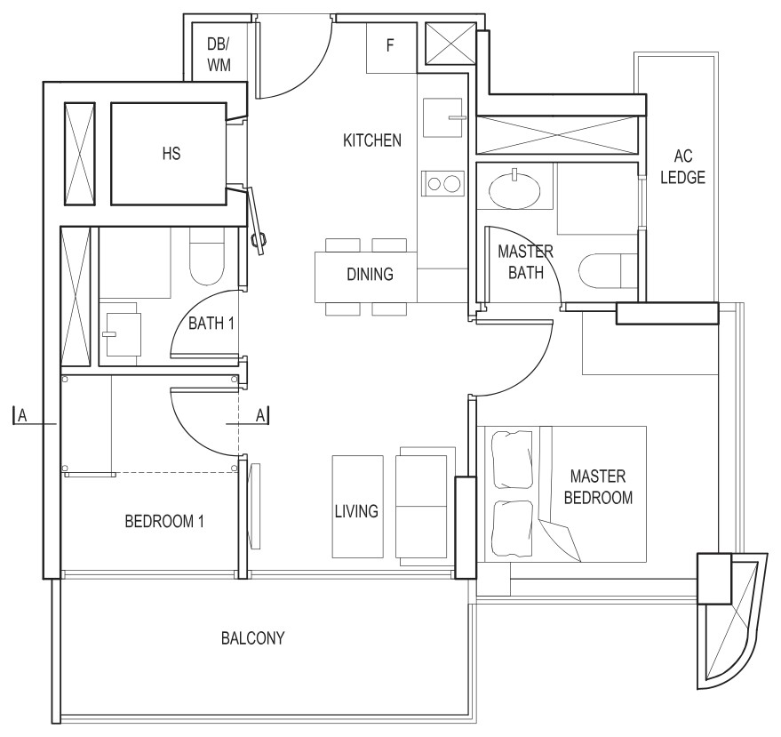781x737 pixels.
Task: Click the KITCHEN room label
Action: [372, 140]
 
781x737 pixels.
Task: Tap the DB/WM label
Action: [219, 54]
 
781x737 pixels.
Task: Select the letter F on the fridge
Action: [390, 45]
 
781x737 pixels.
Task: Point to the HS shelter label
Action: [171, 154]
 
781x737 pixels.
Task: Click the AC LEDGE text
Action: [683, 166]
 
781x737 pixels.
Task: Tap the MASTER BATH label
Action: [525, 261]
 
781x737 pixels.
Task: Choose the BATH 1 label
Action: [211, 324]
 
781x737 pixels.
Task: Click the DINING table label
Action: [371, 274]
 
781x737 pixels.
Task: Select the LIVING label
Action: [356, 511]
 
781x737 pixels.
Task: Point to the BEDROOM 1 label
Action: [164, 522]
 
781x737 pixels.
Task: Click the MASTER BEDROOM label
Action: [598, 487]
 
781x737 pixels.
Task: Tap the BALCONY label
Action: [253, 638]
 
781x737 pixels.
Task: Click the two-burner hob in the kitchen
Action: [442, 183]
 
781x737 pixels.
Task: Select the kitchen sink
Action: [442, 117]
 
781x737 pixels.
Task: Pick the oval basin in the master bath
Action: [514, 190]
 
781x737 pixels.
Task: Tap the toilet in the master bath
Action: [608, 271]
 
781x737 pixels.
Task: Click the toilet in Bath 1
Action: [207, 257]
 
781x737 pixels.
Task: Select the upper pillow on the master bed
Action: [512, 460]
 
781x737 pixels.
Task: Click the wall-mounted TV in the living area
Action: [256, 506]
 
